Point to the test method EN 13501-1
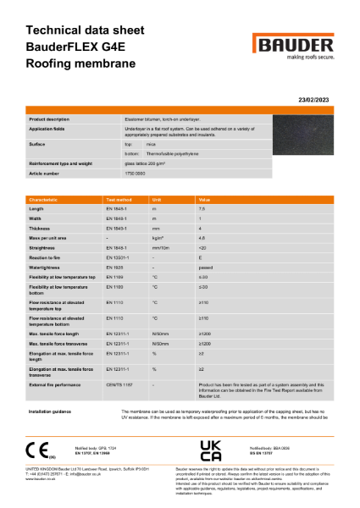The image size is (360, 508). tap(119, 257)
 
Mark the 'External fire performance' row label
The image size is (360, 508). tap(56, 385)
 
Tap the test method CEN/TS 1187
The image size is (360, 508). tap(120, 385)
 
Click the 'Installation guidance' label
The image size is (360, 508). tap(54, 410)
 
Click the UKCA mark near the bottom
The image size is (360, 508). tap(211, 450)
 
